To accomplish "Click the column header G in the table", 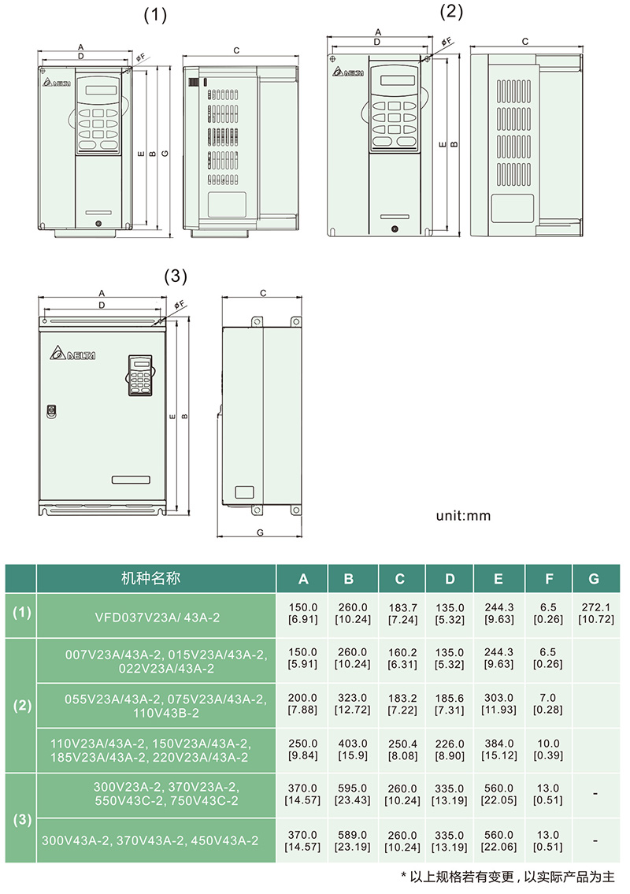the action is point(594,579).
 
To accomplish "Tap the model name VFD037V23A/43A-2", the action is point(157,618).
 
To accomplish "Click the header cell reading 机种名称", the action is point(151,579).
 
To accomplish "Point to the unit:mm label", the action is point(463,516).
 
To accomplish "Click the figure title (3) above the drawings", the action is point(176,276).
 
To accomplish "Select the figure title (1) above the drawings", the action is point(155,16).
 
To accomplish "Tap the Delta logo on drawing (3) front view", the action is point(72,354).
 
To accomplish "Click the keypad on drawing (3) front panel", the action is point(140,375).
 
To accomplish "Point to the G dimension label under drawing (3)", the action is point(260,532).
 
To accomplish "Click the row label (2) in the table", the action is point(22,705).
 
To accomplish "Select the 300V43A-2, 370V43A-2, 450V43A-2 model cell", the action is point(150,841).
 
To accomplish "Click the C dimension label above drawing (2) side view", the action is point(525,41).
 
